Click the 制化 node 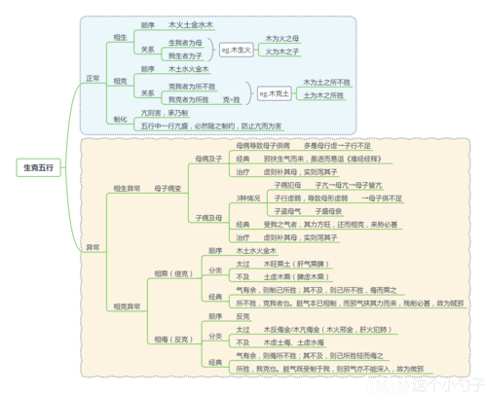[x=120, y=119]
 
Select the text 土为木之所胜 [x=322, y=96]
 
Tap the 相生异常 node [x=127, y=187]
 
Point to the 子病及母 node [x=208, y=217]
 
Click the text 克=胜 [x=231, y=99]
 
